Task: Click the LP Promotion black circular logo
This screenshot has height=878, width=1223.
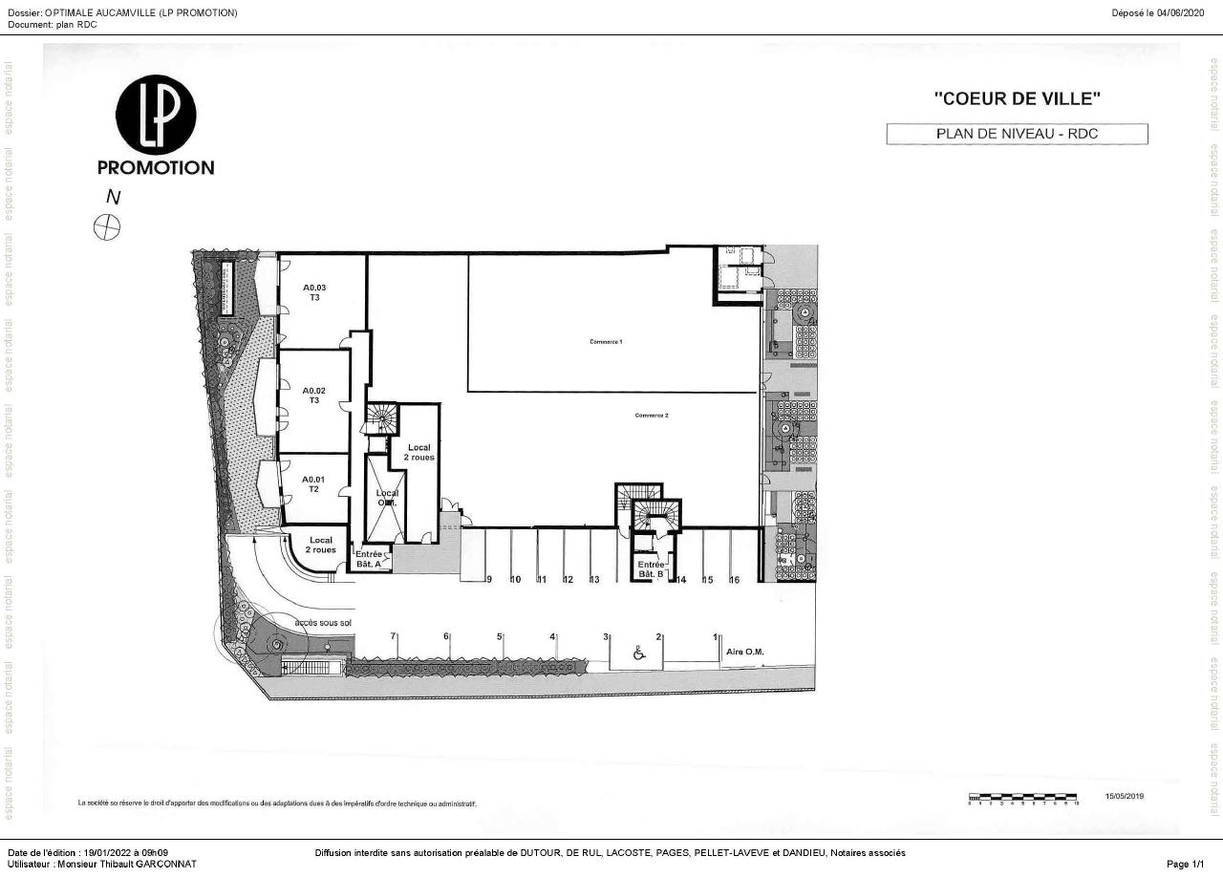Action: click(156, 115)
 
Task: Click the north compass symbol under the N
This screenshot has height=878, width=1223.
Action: click(107, 227)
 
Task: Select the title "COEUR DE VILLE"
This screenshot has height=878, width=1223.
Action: click(1018, 97)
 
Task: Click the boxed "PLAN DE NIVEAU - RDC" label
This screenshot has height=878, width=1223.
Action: click(1017, 134)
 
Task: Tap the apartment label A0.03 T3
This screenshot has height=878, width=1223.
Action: click(314, 292)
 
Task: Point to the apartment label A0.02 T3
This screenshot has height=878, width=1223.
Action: click(314, 396)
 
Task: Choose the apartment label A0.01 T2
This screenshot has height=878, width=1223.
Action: click(313, 484)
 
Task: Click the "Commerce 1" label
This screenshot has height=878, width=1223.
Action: click(606, 341)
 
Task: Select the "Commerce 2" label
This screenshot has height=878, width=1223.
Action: click(652, 416)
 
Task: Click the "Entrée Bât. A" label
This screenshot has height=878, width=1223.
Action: click(368, 560)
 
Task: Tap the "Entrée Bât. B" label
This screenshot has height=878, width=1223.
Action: click(651, 569)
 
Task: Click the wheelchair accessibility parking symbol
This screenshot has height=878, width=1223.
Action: click(639, 653)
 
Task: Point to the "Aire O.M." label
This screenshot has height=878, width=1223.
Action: click(745, 652)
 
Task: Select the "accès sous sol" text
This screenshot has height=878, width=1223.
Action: click(324, 622)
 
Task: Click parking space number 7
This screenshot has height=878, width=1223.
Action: click(393, 636)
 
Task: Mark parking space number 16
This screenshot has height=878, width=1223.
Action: click(735, 580)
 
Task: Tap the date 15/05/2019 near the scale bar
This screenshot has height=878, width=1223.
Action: click(1124, 796)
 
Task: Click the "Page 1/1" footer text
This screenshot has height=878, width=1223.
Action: click(1192, 864)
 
